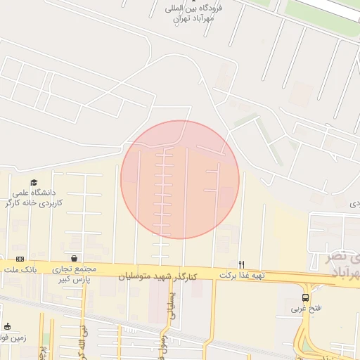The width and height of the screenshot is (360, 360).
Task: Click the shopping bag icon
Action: click(x=74, y=258)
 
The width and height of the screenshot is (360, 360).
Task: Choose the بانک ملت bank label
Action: click(x=19, y=269)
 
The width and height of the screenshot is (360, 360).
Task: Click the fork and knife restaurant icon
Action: click(x=242, y=264)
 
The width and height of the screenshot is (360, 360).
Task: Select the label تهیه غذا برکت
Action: click(x=242, y=275)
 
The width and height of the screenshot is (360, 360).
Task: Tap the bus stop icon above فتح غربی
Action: click(x=305, y=297)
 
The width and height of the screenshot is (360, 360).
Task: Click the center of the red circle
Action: click(x=180, y=180)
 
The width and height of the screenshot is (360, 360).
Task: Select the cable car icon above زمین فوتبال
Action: click(x=8, y=326)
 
